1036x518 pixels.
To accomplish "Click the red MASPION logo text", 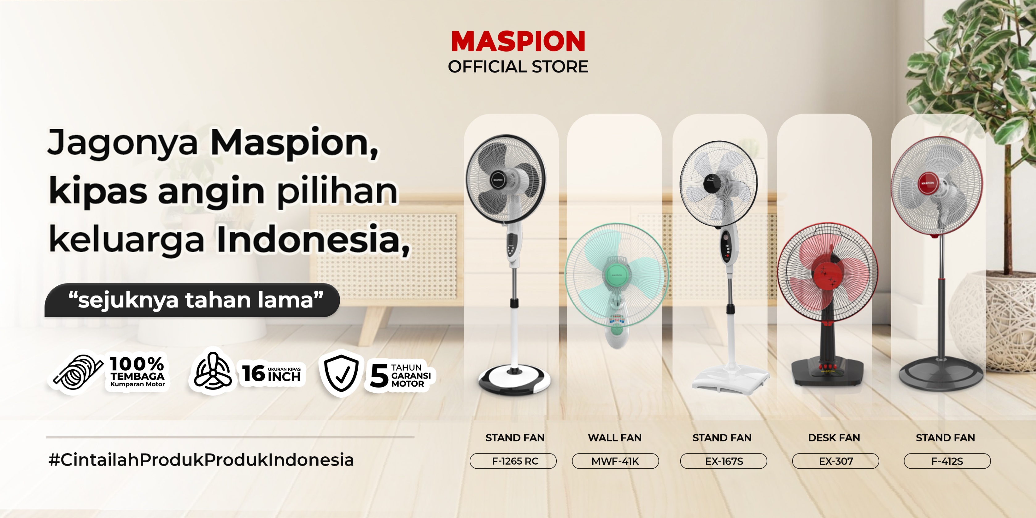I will [518, 41].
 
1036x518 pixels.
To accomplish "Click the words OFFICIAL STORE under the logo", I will [518, 67].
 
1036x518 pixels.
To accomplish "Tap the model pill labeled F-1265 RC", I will [513, 461].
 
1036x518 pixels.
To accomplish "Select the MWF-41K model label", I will [615, 461].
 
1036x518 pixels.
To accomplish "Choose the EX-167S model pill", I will [723, 461].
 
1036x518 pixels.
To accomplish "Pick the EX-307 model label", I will [835, 461].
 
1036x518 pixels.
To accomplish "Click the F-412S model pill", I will [947, 461].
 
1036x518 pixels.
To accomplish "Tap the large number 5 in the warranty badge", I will [378, 376].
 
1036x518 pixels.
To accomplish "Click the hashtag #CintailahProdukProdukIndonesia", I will [201, 460].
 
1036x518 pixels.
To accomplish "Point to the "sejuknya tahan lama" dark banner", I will [192, 300].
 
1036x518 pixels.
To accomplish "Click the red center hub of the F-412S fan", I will [927, 183].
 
